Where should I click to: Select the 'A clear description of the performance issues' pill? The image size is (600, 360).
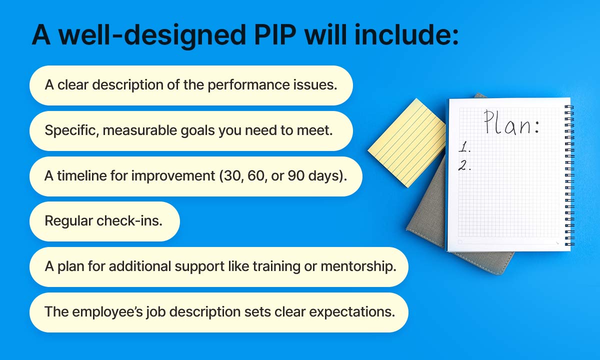click(191, 85)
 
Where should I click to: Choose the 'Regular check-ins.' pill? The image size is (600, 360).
click(104, 221)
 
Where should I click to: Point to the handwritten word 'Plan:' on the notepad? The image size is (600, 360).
click(511, 123)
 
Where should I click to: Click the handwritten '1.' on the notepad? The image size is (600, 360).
click(464, 148)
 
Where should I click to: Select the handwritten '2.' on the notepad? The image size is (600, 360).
click(465, 166)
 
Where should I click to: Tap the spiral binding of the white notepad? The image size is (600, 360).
click(569, 175)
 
